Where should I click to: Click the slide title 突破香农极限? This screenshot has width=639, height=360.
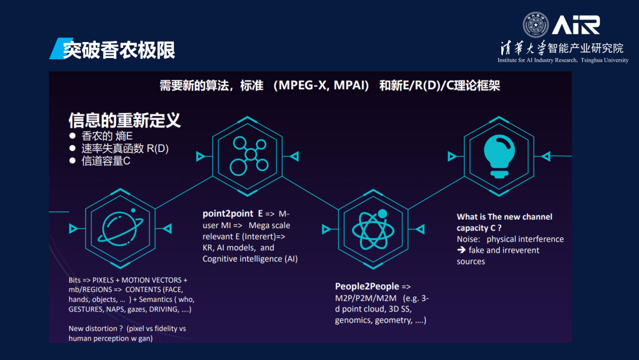coord(119,50)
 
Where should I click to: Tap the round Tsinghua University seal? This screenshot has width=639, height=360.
coord(535,25)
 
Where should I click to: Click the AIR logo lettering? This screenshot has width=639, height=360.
coord(576,25)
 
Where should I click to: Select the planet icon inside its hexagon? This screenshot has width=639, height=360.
coord(120,229)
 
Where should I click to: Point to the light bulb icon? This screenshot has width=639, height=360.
coord(499,156)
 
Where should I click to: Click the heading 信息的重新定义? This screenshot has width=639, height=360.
coord(124,120)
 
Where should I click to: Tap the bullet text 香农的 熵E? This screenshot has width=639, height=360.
coord(106,136)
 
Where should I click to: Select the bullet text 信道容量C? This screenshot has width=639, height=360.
coord(106,161)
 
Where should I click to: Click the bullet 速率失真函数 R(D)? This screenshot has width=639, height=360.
coord(125,149)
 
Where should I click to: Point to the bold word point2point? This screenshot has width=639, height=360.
coord(228,214)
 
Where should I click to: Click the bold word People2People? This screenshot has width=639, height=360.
coord(367,286)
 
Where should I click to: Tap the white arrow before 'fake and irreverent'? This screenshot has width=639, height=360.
coord(461,249)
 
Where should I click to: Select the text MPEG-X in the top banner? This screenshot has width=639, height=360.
coord(303,86)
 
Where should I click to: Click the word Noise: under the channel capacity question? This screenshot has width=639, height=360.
coord(468,239)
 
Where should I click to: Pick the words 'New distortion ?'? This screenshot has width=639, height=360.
coord(95,328)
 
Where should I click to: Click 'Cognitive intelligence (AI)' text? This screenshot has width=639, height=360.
coord(250,259)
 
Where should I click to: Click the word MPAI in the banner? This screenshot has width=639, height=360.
coord(350,86)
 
